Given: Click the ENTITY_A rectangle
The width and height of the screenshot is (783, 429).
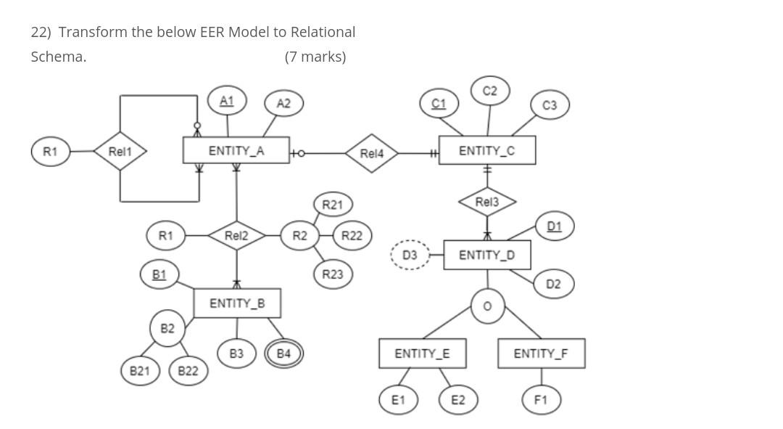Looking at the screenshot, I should coord(236,150).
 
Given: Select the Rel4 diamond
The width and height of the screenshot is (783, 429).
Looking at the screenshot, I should coord(371,153).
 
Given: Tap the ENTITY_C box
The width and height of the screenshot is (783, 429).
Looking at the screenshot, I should coord(486,150).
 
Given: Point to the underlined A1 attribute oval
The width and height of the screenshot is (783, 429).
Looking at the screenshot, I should coord(227,100).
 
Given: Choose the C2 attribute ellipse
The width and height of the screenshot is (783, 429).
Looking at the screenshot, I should coord(489,91).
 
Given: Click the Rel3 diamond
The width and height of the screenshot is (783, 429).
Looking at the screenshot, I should coord(487,201).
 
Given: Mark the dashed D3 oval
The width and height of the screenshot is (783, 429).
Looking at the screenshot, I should coord(410,255).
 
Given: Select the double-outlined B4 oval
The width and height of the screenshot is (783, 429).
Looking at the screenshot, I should coord(283,354).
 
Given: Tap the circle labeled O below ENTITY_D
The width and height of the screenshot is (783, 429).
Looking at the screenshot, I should coord(487,306).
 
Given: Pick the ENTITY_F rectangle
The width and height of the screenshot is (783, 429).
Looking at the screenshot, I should coord(541,354).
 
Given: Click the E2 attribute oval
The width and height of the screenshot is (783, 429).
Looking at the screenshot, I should coord(458,399).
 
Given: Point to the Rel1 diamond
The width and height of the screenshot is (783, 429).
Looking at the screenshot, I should coord(120,151).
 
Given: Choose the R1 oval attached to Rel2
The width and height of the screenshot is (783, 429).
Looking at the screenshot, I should coord(165,235).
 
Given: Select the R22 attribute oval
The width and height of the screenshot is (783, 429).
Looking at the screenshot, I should coord(352,235).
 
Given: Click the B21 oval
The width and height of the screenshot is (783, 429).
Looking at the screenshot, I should coord(140,371).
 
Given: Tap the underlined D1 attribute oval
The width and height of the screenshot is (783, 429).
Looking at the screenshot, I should coord(555,226).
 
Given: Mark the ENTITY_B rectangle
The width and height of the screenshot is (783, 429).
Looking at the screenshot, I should coord(237,303).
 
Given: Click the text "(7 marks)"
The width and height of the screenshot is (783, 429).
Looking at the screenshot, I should coord(315,57).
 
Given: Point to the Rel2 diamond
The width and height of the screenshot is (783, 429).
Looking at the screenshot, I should coord(236,235).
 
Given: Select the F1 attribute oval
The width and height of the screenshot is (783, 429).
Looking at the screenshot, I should coord(541,399).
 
